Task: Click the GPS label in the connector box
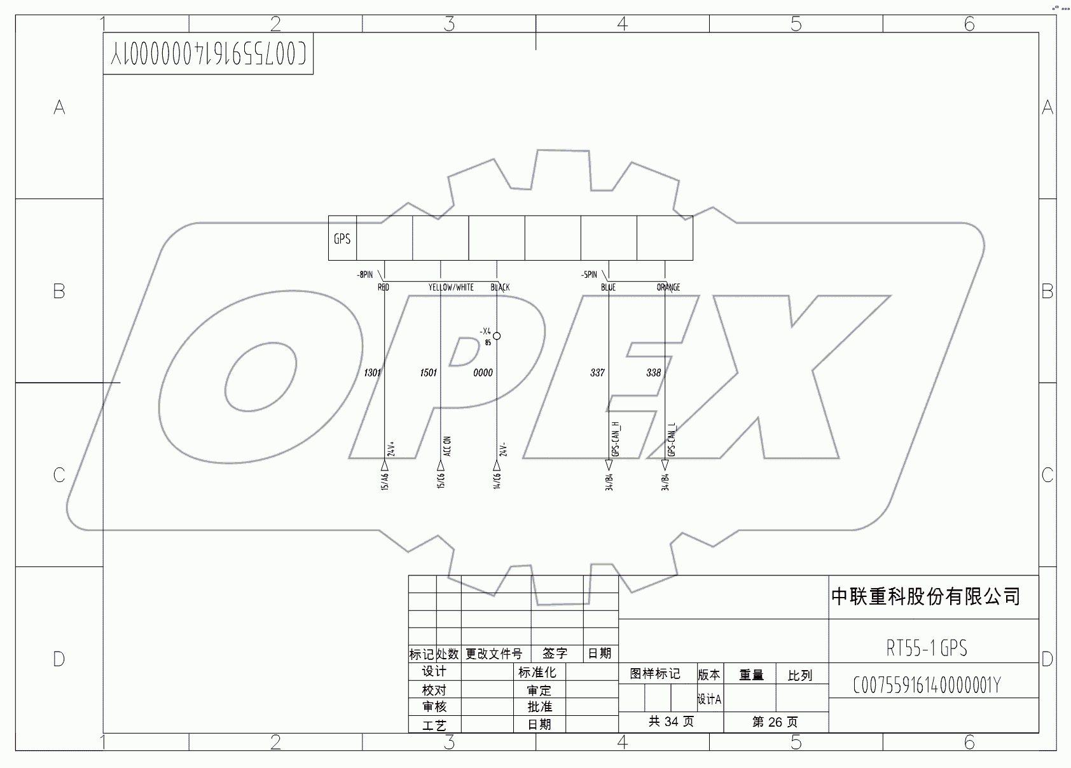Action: tap(342, 239)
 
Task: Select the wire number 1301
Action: tap(373, 373)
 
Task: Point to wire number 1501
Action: tap(429, 373)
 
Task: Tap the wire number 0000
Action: tap(483, 373)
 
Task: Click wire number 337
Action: tap(597, 373)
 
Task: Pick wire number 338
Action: tap(654, 373)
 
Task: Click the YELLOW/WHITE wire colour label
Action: tap(451, 287)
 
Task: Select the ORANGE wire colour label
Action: tap(668, 287)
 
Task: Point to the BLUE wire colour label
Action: tap(608, 287)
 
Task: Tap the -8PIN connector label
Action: tap(365, 275)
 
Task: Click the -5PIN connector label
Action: tap(589, 275)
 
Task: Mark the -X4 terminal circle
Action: tap(497, 336)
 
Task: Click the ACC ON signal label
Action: tap(447, 446)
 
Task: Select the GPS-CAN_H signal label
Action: tap(615, 439)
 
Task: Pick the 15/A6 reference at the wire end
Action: tap(385, 481)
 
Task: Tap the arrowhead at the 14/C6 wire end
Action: tap(497, 466)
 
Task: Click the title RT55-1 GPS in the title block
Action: tap(927, 648)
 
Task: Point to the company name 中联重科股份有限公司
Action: tap(925, 596)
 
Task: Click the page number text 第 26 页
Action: tap(775, 722)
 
